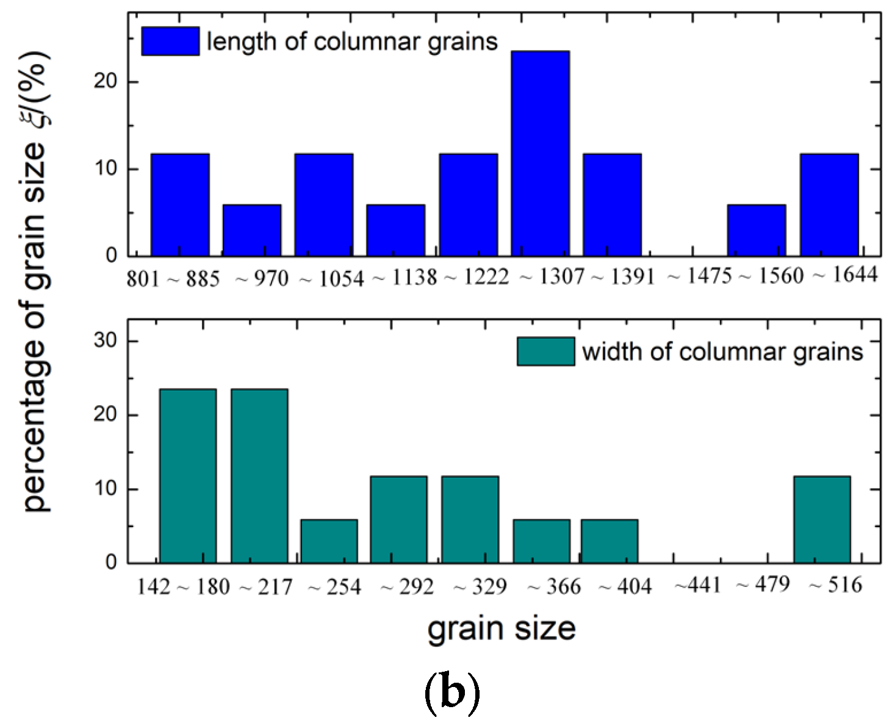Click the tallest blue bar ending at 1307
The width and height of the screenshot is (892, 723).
540,153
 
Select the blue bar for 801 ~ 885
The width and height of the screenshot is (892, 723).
180,204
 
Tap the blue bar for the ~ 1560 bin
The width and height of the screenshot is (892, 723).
756,230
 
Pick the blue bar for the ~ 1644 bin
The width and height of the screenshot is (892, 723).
829,204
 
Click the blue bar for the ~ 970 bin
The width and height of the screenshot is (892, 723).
252,230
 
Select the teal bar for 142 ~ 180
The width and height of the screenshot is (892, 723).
188,476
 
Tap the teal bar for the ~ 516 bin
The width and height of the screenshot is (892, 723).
822,519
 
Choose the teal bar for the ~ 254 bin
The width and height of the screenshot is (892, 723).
329,541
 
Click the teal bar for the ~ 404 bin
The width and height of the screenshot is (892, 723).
609,541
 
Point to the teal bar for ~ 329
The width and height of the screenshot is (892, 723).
470,519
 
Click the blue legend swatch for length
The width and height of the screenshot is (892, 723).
170,41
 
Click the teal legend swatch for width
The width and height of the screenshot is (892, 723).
545,351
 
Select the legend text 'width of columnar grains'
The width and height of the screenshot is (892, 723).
722,352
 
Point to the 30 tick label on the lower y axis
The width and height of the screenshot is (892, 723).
105,340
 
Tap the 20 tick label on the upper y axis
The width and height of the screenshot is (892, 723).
105,81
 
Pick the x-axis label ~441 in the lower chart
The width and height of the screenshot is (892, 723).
697,585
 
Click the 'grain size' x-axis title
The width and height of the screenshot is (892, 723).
501,628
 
